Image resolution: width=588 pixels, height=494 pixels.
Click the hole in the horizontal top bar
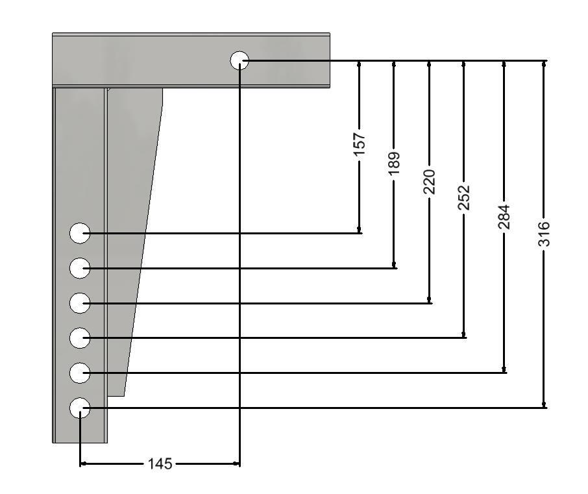coord(239,60)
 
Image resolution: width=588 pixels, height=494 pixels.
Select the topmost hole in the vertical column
coord(80,233)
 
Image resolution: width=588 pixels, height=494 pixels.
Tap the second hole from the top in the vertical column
coord(80,268)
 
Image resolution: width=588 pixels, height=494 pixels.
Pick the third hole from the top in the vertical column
coord(80,303)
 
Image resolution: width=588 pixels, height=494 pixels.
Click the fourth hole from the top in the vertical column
coord(80,338)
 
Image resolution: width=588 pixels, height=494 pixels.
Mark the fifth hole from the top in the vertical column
coord(80,373)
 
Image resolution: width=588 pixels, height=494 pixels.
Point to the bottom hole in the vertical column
coord(80,408)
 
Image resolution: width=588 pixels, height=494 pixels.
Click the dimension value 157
coord(360,145)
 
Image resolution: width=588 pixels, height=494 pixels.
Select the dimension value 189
coord(394,164)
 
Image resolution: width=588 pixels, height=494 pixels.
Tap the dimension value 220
coord(430,182)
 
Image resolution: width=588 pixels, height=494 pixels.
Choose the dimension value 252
coord(464,197)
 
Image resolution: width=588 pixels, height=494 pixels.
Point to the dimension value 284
coord(504,217)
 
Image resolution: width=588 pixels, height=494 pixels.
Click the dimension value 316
coord(544,234)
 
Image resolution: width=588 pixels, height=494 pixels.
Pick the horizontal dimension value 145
coord(160,464)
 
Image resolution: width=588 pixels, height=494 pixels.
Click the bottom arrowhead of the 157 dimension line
coord(360,230)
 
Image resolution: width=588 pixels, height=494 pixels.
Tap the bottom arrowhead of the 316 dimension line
coord(544,404)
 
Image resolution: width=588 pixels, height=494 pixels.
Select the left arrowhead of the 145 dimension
coord(84,464)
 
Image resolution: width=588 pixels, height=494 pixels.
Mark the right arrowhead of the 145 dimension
coord(236,464)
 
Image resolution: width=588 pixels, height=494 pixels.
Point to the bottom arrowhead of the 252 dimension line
coord(464,334)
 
